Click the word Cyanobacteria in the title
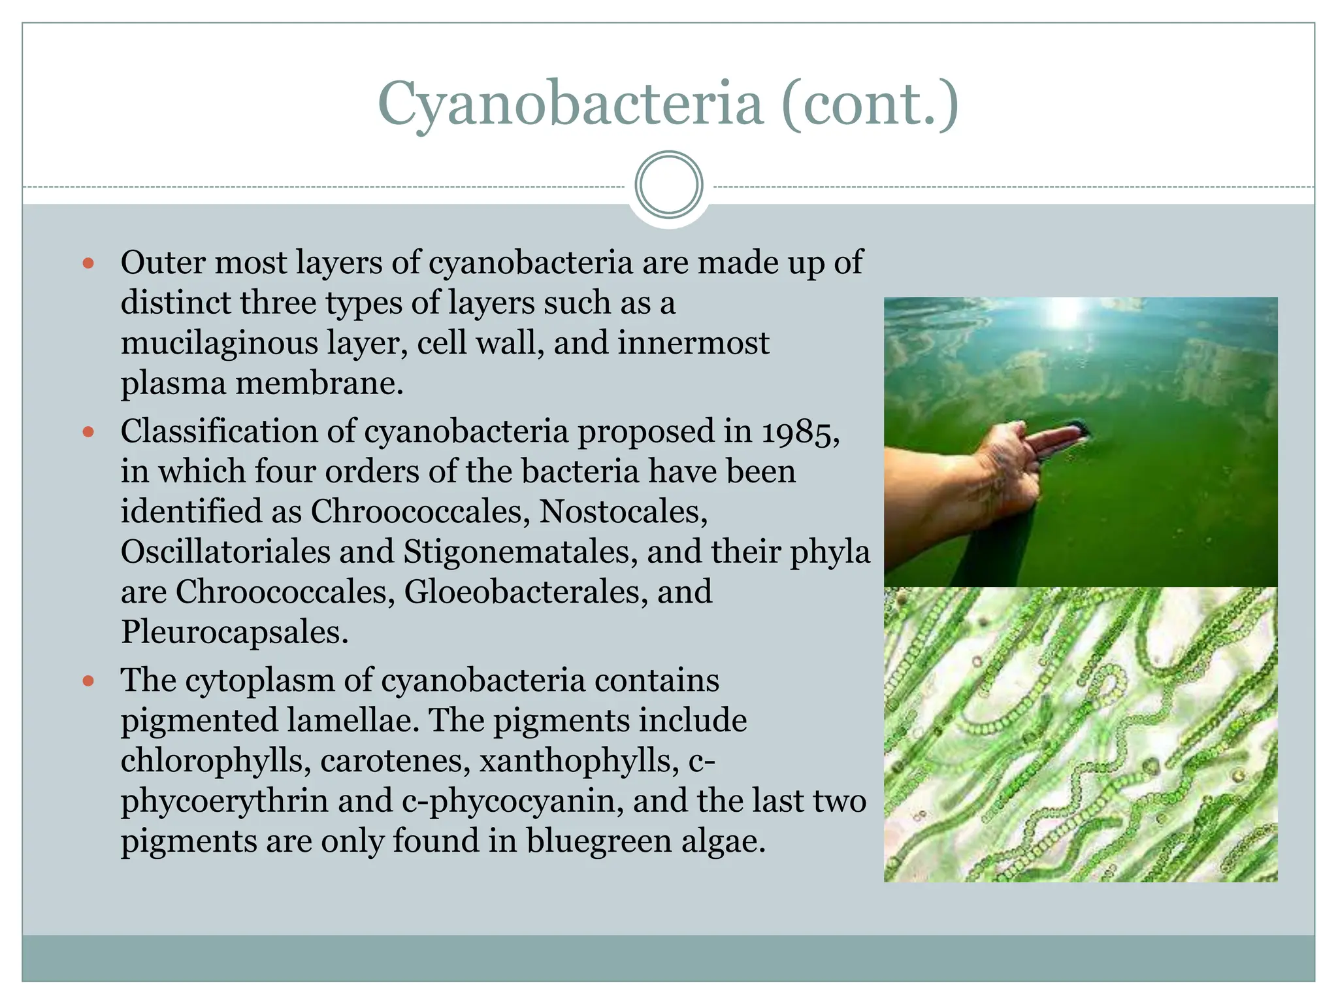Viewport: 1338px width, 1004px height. click(x=570, y=105)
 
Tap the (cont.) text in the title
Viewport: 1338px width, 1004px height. click(x=870, y=105)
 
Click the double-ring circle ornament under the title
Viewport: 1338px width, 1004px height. click(x=669, y=185)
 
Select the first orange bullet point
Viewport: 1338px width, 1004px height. click(x=89, y=264)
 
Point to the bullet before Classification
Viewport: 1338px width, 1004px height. click(x=89, y=433)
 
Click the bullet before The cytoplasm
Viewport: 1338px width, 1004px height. click(x=89, y=682)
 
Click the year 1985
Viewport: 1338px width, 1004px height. click(x=800, y=433)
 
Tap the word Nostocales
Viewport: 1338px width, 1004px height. click(x=623, y=512)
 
